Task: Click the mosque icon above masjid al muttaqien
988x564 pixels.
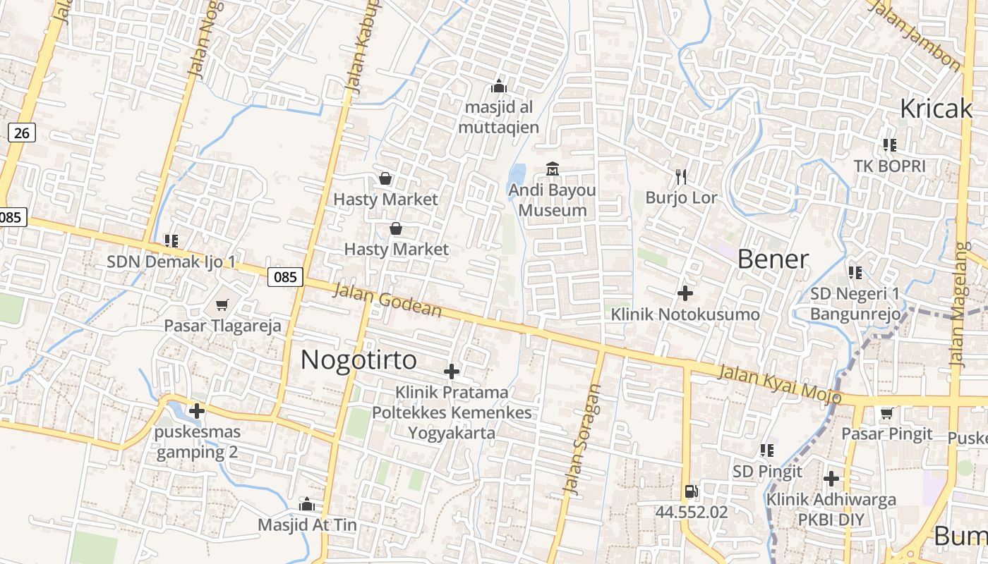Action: (499, 87)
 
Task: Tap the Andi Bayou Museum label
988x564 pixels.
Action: (552, 200)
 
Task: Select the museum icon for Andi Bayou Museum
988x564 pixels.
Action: (553, 169)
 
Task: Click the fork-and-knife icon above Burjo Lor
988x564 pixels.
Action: (681, 176)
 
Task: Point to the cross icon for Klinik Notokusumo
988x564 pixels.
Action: (685, 293)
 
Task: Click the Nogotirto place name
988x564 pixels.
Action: (359, 360)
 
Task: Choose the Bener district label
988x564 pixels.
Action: (773, 259)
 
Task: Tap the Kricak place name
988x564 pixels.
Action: (936, 109)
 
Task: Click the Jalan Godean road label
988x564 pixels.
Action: (387, 301)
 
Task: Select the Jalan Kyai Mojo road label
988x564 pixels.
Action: (780, 384)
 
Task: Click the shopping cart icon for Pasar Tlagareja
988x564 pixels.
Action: (222, 305)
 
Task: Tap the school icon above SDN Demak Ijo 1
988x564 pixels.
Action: (171, 241)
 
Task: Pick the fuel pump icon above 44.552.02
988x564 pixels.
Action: (691, 491)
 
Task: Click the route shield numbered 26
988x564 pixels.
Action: (22, 133)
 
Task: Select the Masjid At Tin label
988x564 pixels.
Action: (307, 525)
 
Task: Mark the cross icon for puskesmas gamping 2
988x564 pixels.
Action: (197, 411)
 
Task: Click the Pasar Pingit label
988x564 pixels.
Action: (887, 434)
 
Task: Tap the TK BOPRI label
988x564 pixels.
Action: (889, 166)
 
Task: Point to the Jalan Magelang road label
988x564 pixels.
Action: (958, 305)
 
